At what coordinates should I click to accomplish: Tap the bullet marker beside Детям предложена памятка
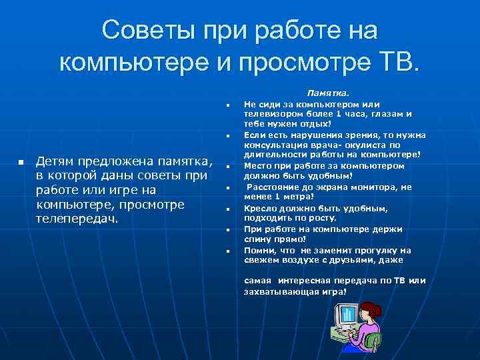point(21,163)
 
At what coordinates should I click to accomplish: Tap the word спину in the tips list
point(258,239)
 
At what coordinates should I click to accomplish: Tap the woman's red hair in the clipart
point(371,307)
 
